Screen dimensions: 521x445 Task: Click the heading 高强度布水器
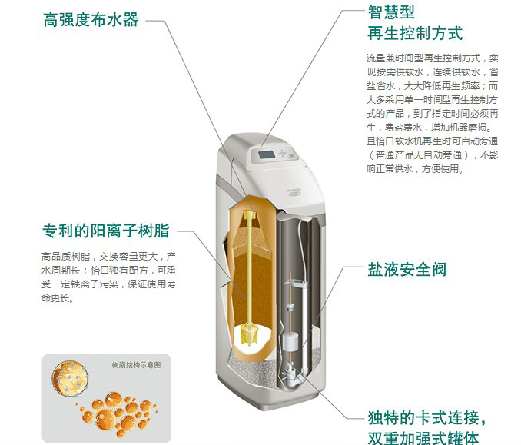click(x=91, y=20)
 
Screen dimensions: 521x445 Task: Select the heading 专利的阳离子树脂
click(x=106, y=231)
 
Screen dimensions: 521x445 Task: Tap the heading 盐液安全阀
click(x=407, y=269)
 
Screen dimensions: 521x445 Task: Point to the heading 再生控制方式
click(x=415, y=33)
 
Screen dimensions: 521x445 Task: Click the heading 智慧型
click(x=391, y=12)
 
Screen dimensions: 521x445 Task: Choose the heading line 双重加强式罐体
click(x=423, y=438)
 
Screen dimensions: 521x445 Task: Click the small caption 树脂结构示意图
click(x=136, y=365)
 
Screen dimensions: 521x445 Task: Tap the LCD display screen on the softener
click(x=267, y=154)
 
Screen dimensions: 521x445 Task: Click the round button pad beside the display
click(x=282, y=153)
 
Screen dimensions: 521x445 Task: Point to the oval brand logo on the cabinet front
click(x=294, y=192)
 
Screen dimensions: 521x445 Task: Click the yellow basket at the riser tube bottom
click(x=249, y=334)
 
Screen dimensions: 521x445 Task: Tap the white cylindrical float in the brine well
click(x=290, y=342)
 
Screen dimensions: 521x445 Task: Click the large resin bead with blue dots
click(x=70, y=378)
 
